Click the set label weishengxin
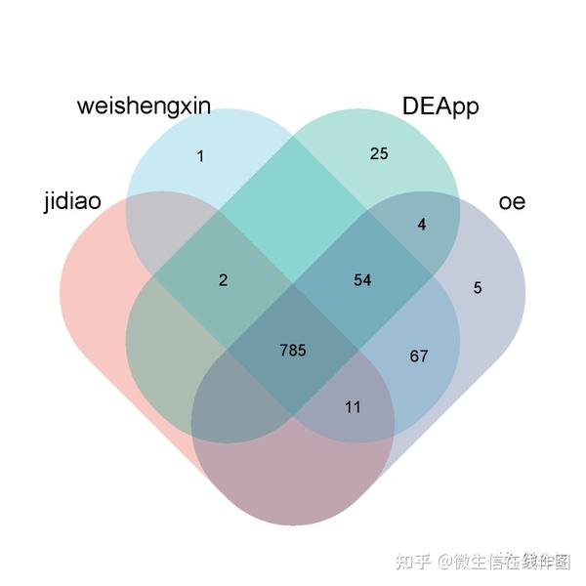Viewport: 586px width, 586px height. click(x=144, y=106)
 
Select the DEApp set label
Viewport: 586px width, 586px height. click(x=440, y=106)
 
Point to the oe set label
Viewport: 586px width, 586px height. click(x=512, y=202)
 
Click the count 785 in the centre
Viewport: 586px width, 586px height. click(x=292, y=350)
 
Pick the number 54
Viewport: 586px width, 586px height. click(x=362, y=280)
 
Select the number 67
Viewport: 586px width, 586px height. click(x=418, y=356)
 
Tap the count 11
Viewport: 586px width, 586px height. click(x=353, y=406)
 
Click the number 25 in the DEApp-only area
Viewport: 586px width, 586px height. click(x=379, y=153)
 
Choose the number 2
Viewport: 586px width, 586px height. click(x=223, y=280)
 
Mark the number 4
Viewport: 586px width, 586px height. click(x=422, y=225)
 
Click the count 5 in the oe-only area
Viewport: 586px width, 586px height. click(x=478, y=287)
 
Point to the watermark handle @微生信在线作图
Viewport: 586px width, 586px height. click(x=503, y=561)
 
